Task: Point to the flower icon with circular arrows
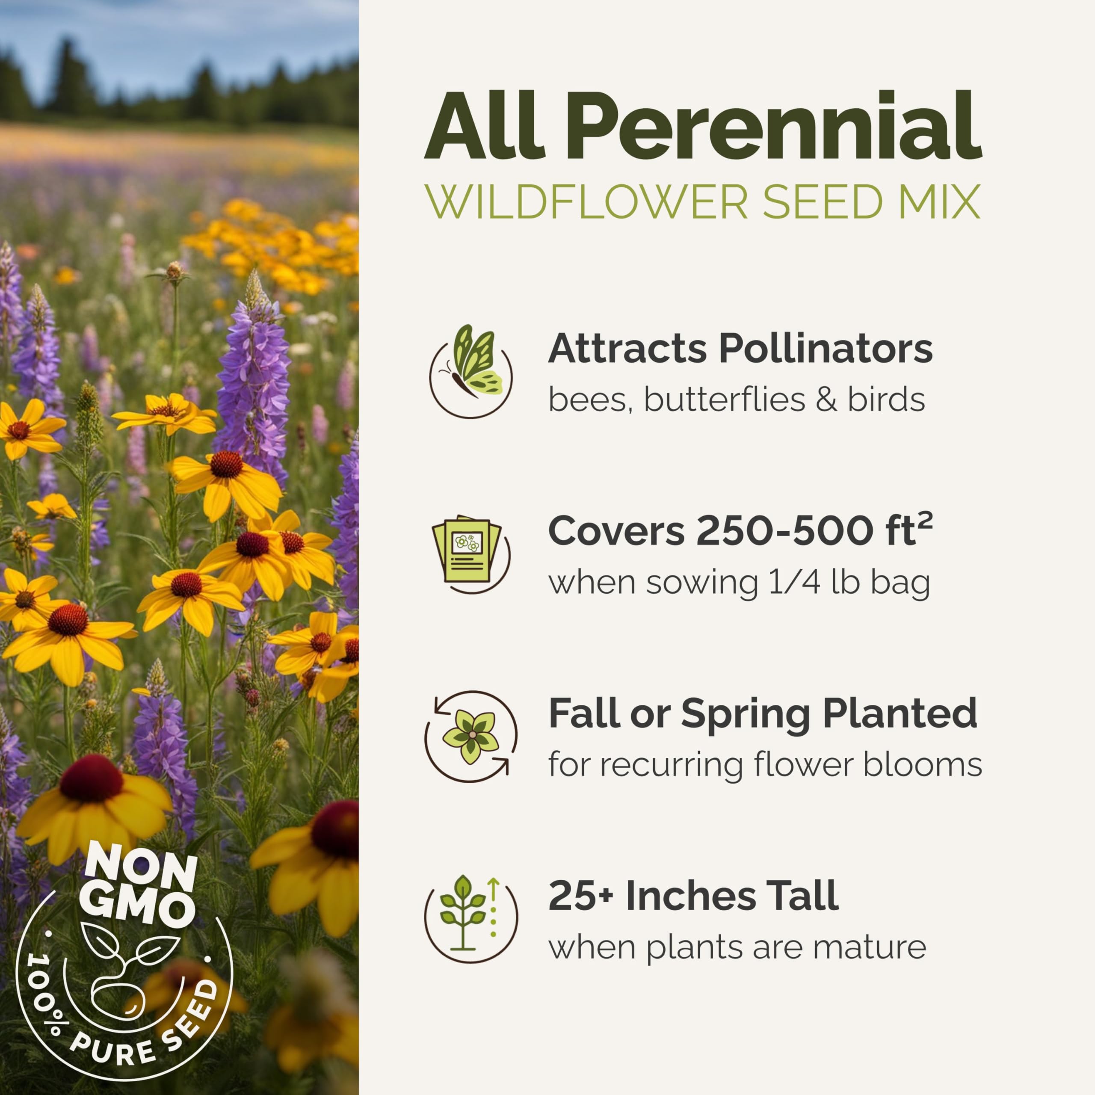(x=471, y=737)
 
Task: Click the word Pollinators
(x=826, y=348)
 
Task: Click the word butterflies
(x=725, y=400)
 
